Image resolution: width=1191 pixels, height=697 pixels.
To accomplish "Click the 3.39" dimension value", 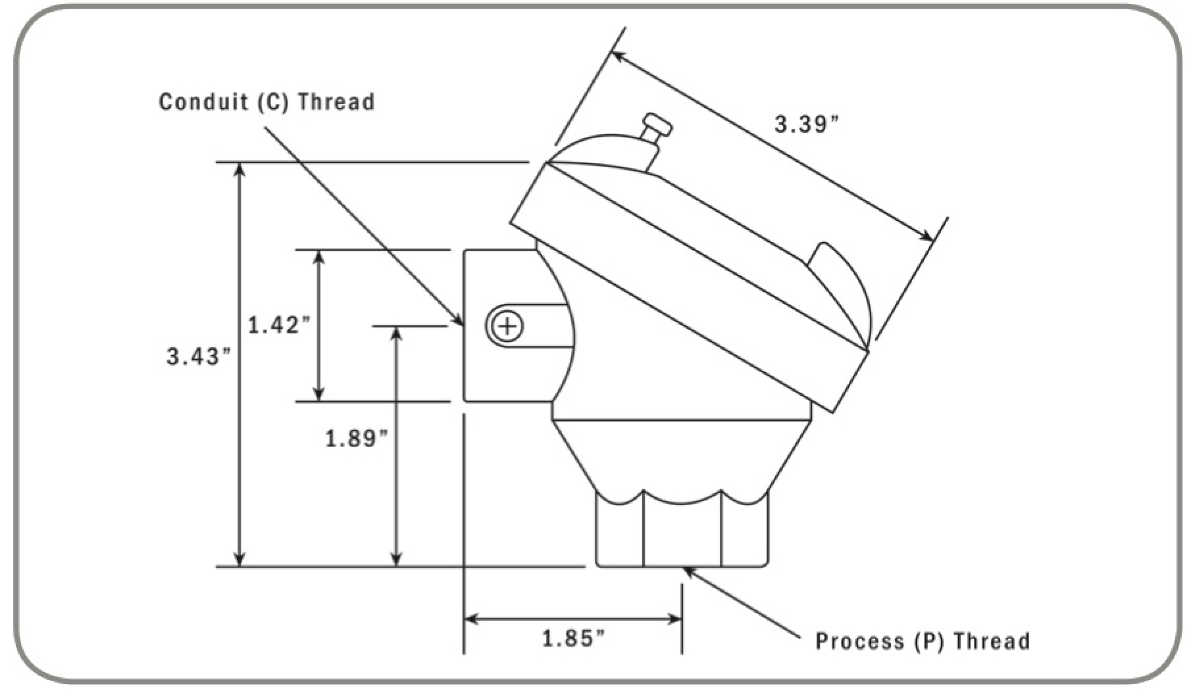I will point(807,124).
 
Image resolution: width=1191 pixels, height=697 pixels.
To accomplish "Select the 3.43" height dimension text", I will point(199,357).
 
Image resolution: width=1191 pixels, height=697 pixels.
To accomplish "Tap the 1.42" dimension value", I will point(278,325).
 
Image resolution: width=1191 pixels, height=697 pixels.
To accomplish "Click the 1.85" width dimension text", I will point(573,638).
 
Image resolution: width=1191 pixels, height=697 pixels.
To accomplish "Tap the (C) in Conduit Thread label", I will point(269,102).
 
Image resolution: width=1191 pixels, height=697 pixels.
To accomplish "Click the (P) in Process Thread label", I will point(928,640).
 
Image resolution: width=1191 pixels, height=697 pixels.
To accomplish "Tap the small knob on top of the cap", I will point(657,124).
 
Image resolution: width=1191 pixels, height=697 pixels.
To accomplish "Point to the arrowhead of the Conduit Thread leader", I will point(458,320).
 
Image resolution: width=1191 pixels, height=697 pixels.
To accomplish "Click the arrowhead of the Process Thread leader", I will point(688,571).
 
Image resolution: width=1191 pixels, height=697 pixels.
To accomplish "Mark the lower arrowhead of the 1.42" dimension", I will point(319,395).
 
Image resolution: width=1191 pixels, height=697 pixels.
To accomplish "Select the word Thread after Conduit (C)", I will point(336,102).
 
